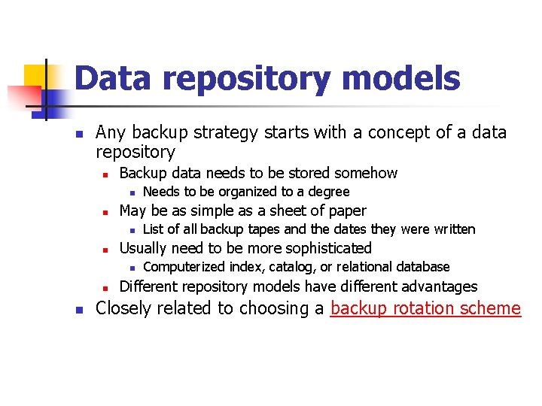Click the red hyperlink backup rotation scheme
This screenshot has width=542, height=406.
(x=425, y=308)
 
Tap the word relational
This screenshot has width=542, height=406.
(x=361, y=267)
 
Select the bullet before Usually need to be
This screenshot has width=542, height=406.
(x=106, y=249)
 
